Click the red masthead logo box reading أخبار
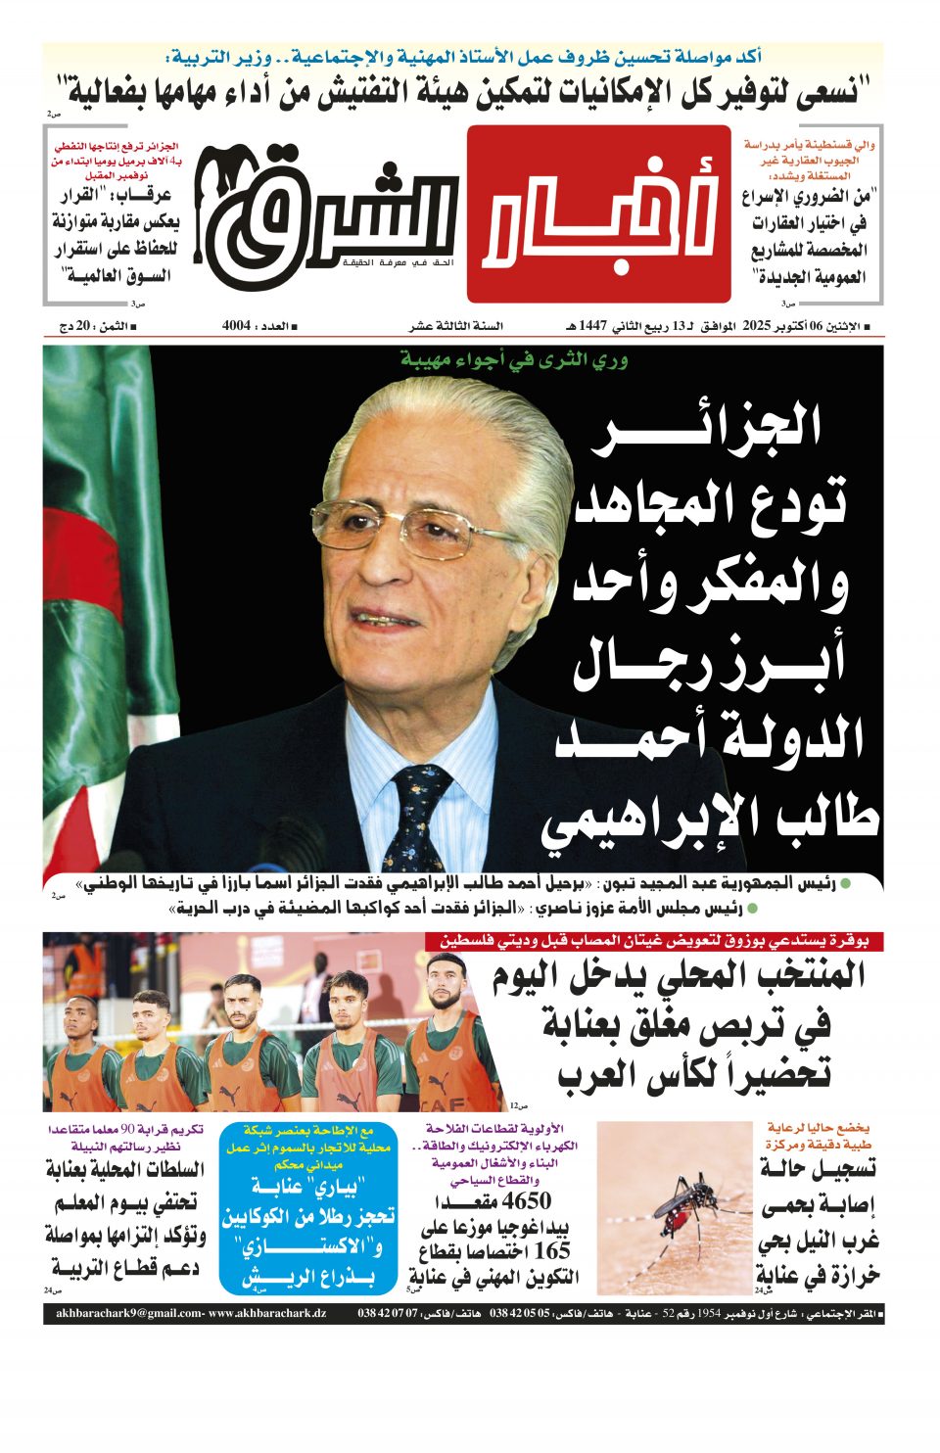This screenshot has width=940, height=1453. [x=598, y=213]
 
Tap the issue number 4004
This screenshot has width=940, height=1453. [x=237, y=326]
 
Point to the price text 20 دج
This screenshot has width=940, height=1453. [x=76, y=326]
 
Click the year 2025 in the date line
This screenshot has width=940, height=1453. [x=758, y=326]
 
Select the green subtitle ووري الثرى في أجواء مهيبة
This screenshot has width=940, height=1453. [x=514, y=359]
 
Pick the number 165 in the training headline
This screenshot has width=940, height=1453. [x=551, y=1250]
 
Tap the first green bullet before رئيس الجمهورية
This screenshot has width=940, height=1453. [x=846, y=884]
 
